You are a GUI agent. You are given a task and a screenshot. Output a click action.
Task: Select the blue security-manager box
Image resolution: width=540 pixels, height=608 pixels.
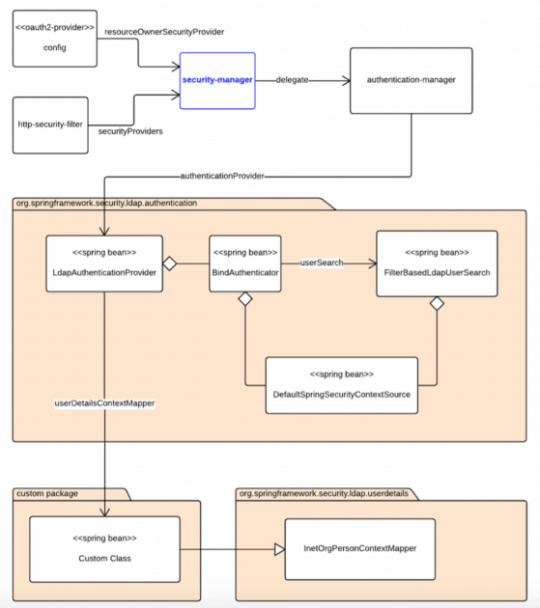[x=217, y=80]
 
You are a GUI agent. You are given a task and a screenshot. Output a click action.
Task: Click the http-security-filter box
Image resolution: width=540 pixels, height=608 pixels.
[x=50, y=124]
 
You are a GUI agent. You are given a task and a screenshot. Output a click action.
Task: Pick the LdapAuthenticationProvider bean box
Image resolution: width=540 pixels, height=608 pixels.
[x=105, y=263]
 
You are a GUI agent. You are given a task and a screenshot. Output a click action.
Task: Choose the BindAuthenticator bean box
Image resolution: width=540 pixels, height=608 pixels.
[x=244, y=263]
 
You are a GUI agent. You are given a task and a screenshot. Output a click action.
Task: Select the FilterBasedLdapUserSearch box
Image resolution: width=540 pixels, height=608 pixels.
[x=437, y=263]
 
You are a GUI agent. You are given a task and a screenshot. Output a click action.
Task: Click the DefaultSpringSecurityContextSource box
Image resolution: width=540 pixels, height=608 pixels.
[x=341, y=385]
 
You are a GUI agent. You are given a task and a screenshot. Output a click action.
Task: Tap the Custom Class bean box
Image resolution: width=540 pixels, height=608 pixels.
[x=104, y=547]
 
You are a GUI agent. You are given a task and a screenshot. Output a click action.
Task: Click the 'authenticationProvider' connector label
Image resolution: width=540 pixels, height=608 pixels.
[x=222, y=176]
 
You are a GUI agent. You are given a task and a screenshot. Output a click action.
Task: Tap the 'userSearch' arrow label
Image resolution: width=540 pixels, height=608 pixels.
[x=322, y=262]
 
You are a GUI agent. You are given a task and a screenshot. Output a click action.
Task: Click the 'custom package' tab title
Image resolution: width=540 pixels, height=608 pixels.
[x=47, y=493]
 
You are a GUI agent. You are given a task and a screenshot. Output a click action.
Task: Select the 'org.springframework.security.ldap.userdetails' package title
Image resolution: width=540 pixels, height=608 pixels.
[x=322, y=493]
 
